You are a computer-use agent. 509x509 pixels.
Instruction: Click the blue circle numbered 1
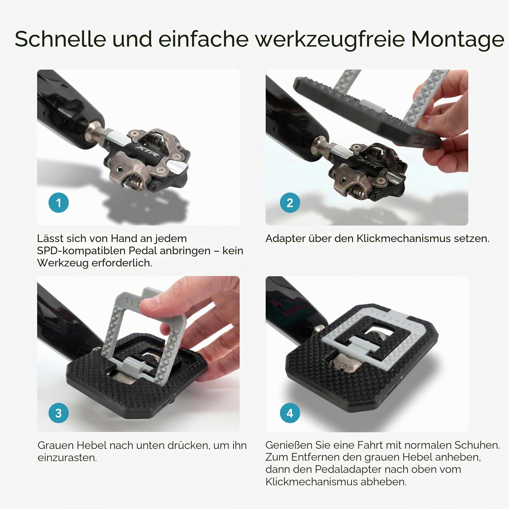[59, 203]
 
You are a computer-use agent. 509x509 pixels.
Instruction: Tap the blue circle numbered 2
[290, 203]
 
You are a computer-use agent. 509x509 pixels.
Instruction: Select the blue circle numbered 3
[59, 413]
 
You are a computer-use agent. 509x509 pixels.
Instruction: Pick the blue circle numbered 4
[290, 413]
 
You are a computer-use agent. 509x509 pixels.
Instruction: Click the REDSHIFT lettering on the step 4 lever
[394, 319]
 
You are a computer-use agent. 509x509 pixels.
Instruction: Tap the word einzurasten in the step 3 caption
[67, 458]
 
